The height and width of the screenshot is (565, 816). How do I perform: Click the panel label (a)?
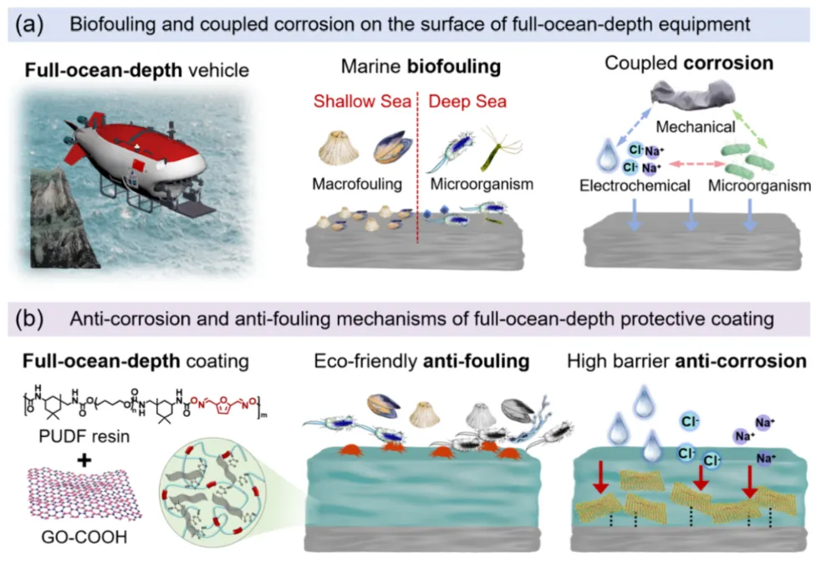(x=29, y=24)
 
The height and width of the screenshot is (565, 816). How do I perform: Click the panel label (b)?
(x=29, y=319)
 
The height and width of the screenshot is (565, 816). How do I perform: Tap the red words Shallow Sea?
(x=362, y=101)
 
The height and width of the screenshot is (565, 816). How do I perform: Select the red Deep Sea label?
(x=467, y=101)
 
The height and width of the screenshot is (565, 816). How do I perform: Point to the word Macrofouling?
(x=357, y=184)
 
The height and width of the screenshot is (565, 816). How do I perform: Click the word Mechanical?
(x=696, y=126)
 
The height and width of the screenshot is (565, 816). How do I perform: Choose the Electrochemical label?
(x=635, y=186)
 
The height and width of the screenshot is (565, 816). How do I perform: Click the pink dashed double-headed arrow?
(x=696, y=165)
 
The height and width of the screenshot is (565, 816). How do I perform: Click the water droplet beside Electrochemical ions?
(x=606, y=155)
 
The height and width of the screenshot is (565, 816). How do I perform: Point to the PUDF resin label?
(x=84, y=435)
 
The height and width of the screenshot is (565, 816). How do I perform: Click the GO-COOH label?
(x=84, y=537)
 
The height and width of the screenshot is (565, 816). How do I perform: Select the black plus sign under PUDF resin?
(x=84, y=460)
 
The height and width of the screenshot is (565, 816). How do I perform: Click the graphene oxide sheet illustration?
(x=84, y=494)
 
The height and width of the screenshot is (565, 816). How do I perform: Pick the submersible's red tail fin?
(x=75, y=151)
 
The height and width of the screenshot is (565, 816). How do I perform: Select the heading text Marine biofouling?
(x=421, y=66)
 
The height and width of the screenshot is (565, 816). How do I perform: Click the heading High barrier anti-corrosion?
(x=686, y=360)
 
